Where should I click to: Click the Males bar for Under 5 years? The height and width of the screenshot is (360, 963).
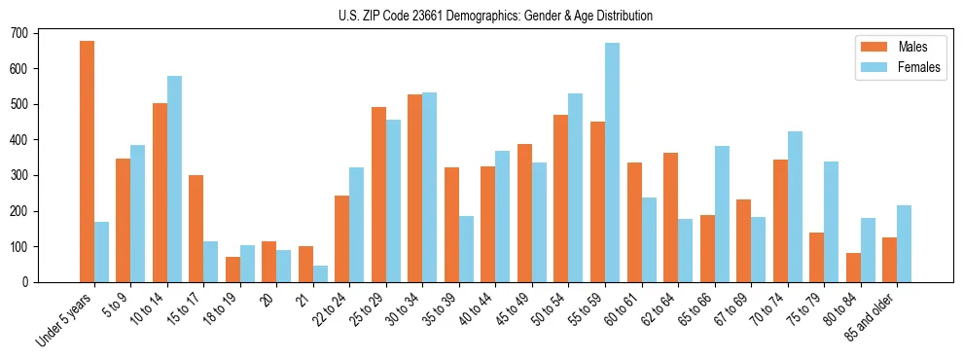[x=87, y=162]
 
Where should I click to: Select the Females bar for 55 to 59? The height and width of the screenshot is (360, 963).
[x=612, y=162]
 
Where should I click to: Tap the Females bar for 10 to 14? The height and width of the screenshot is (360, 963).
[x=174, y=179]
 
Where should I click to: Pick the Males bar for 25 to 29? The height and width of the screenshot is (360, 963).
[x=378, y=195]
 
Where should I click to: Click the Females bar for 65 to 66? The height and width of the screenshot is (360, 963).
[x=722, y=214]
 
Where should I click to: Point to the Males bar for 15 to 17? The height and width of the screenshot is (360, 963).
[x=196, y=229]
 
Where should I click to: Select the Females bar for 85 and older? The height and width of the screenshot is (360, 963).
[x=904, y=244]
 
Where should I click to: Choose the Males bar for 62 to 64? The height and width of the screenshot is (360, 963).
[x=670, y=218]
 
